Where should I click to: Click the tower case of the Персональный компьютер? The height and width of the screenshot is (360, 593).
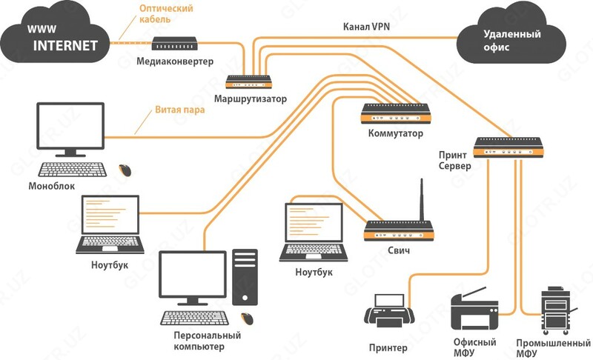pos(245,277)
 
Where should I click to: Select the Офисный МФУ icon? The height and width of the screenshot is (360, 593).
pos(475,311)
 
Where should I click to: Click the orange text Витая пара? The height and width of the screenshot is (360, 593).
pos(180,110)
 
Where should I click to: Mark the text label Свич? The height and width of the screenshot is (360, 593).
pos(398,251)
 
